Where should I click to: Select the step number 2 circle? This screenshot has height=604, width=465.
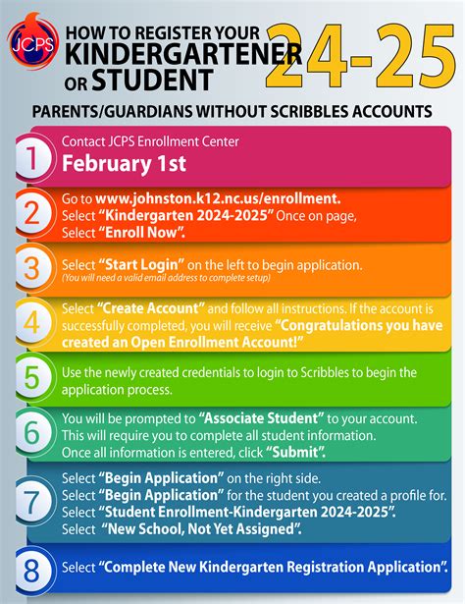click(32, 212)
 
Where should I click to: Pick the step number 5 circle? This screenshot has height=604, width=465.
click(32, 378)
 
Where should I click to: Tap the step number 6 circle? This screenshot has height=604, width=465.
click(32, 433)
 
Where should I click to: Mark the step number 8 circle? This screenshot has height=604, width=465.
click(32, 567)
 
